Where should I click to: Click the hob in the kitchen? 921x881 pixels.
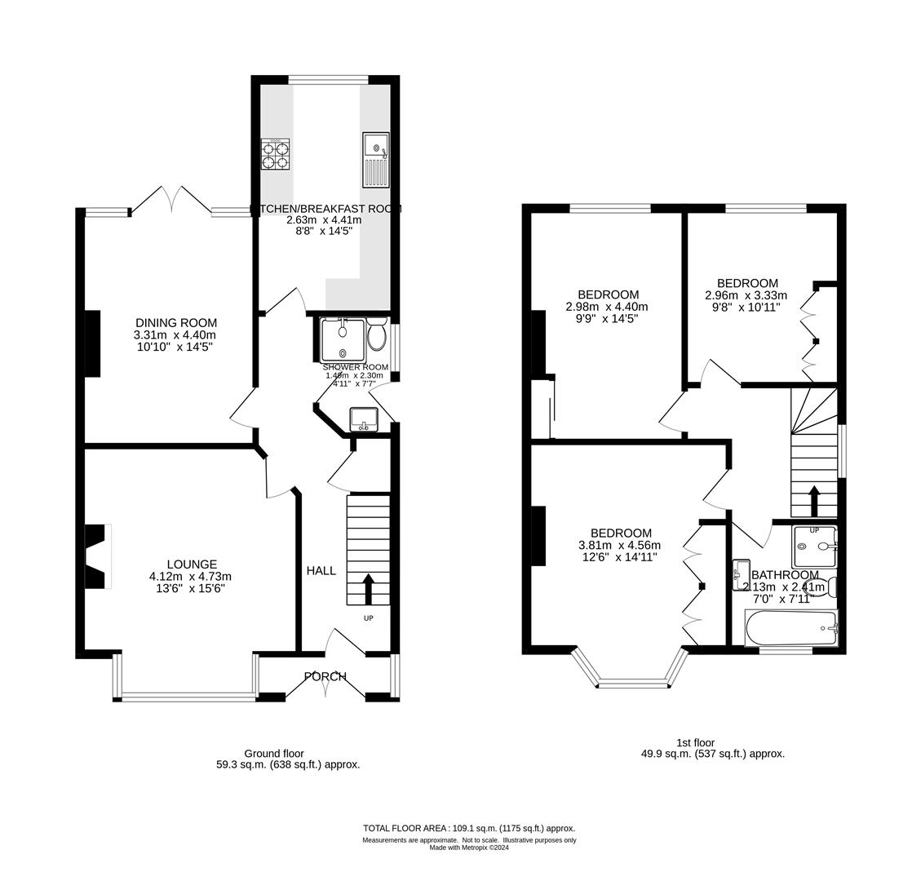pyautogui.click(x=275, y=154)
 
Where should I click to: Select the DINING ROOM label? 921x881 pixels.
pyautogui.click(x=176, y=323)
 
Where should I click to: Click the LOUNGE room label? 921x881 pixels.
pyautogui.click(x=192, y=564)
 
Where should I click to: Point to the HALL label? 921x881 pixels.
pyautogui.click(x=321, y=571)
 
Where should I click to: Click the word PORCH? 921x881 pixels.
pyautogui.click(x=325, y=676)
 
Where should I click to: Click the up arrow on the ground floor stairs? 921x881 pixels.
pyautogui.click(x=367, y=588)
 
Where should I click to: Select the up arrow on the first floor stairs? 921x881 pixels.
pyautogui.click(x=813, y=500)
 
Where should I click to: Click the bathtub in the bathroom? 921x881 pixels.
pyautogui.click(x=790, y=628)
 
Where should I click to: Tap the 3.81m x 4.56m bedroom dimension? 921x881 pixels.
pyautogui.click(x=619, y=546)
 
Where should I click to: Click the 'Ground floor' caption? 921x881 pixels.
pyautogui.click(x=274, y=753)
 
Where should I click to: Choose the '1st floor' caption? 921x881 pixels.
pyautogui.click(x=695, y=742)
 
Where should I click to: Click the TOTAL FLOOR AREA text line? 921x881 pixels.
pyautogui.click(x=469, y=827)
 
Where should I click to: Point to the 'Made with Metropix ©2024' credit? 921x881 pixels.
pyautogui.click(x=469, y=848)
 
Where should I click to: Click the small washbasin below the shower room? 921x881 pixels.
pyautogui.click(x=363, y=419)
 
